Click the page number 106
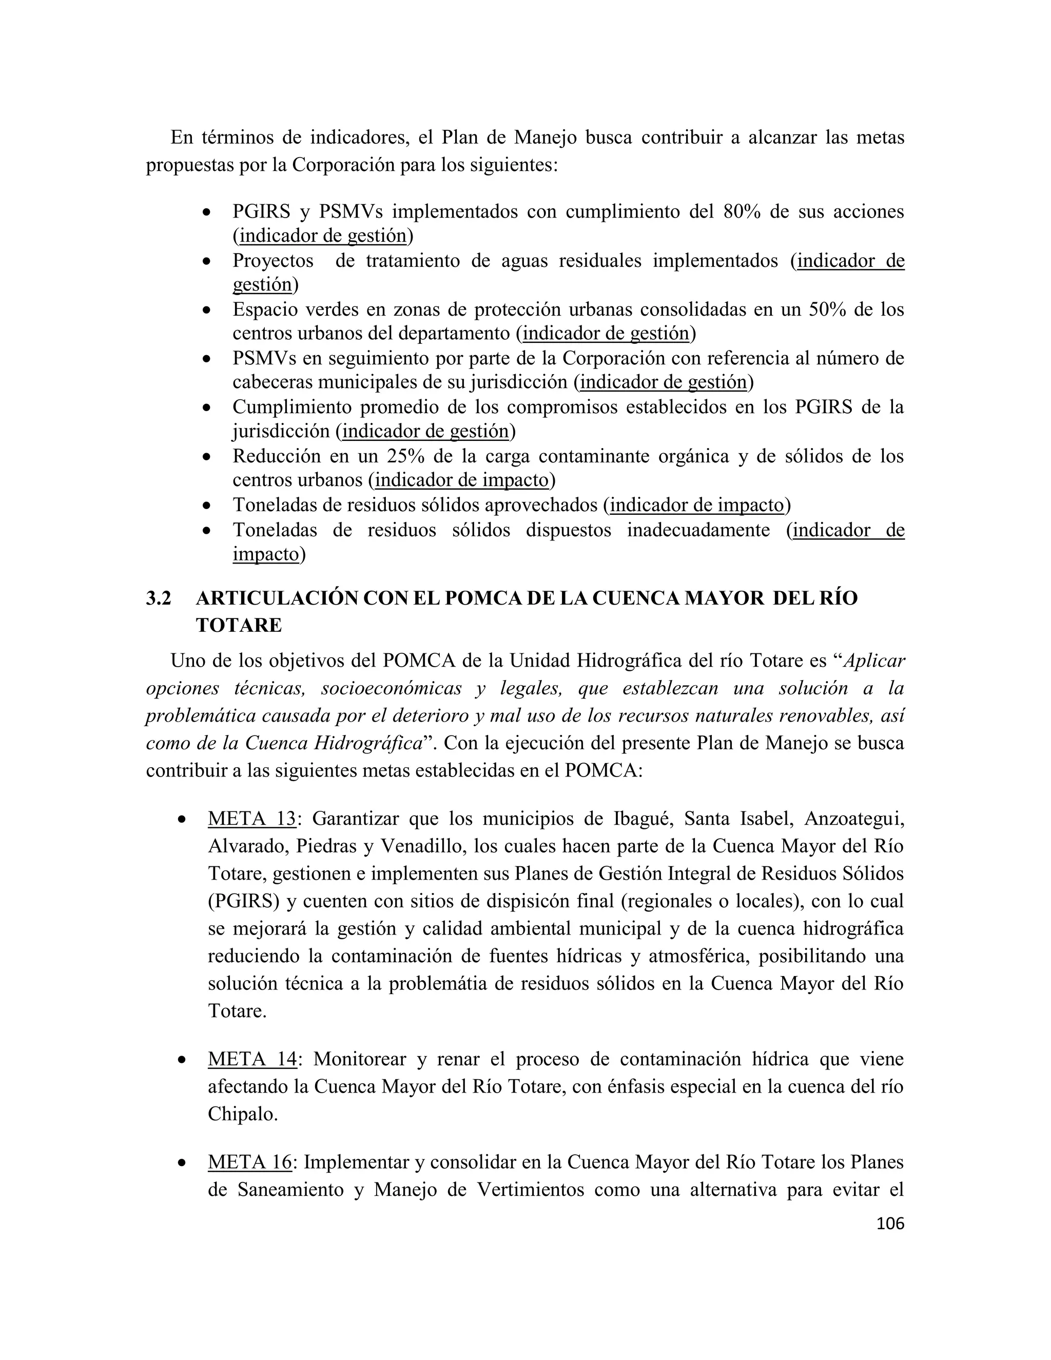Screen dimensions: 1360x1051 pos(890,1223)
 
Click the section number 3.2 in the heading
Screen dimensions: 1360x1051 pos(158,598)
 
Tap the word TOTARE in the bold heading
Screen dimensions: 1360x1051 pos(239,625)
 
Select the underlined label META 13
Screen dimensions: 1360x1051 pos(251,818)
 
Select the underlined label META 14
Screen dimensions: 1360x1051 pos(251,1059)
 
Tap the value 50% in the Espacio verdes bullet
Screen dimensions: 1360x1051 pos(827,309)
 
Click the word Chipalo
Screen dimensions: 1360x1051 pos(242,1114)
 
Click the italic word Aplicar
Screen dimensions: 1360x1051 pos(873,660)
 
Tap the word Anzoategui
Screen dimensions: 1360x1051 pos(854,818)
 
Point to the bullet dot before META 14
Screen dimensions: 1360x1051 pos(182,1060)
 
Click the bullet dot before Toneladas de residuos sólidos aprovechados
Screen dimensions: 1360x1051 pos(207,506)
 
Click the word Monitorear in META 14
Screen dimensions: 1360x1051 pos(359,1059)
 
